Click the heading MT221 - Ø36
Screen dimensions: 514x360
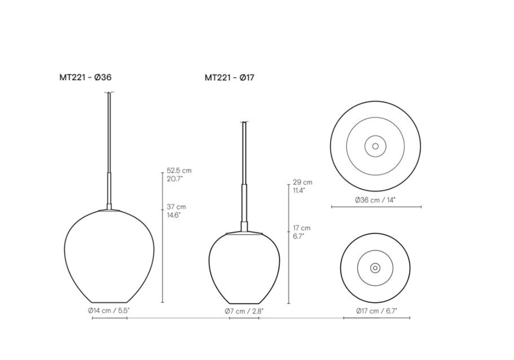click(85, 77)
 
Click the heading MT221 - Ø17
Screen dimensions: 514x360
click(229, 78)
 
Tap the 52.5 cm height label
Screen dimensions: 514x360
click(179, 171)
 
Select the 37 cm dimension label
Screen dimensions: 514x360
click(176, 207)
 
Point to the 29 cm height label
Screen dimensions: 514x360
click(303, 182)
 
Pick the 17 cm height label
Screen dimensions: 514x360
click(302, 228)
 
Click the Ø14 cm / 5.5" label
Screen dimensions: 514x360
click(109, 311)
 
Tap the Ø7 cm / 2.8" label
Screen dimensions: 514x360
click(244, 311)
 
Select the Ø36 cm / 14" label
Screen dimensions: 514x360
click(375, 200)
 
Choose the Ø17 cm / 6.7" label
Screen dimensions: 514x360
click(377, 311)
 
